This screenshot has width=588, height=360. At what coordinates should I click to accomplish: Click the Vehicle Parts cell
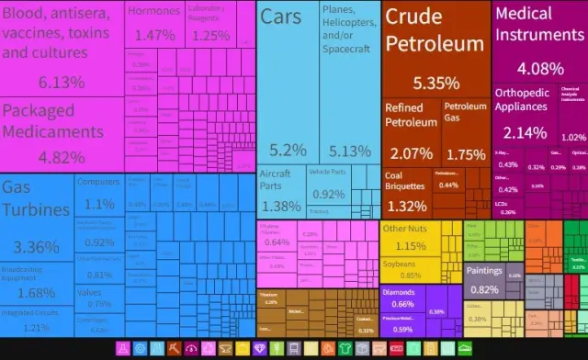pyautogui.click(x=328, y=184)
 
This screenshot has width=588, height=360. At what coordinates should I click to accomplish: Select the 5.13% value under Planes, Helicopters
pyautogui.click(x=349, y=151)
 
